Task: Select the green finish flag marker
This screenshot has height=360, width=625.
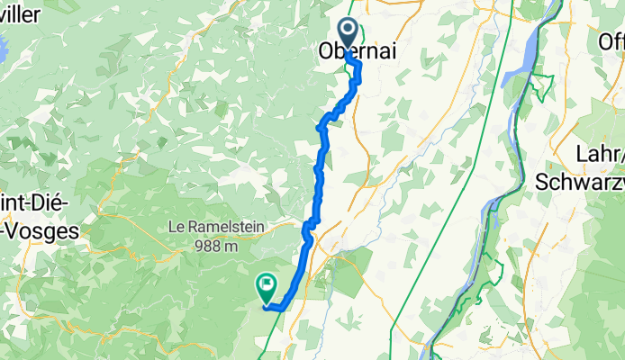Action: (267, 287)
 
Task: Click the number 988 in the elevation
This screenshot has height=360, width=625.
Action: (204, 245)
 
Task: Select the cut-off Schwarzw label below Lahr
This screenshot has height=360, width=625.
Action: (580, 180)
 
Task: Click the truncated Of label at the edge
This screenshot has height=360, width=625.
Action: (612, 41)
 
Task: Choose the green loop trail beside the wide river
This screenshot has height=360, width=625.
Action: (540, 85)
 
